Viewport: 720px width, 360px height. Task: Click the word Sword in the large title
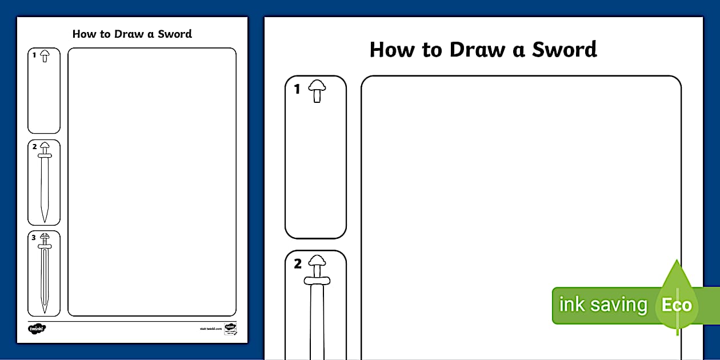pos(565,50)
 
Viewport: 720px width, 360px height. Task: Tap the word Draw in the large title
pos(478,50)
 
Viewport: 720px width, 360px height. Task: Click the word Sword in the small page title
pos(174,34)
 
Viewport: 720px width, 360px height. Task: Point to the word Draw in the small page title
pos(129,34)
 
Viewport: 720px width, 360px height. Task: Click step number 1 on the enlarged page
pos(297,89)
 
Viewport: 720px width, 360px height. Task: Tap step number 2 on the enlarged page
pos(297,264)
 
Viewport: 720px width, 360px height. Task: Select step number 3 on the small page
pos(34,238)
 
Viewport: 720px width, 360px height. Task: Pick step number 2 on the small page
pos(34,146)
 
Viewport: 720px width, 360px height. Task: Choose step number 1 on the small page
pos(34,55)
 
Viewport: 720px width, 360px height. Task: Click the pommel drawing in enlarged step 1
pos(317,91)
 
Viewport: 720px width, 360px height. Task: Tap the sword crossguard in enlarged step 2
pos(317,281)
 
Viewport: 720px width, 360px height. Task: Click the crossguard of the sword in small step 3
pos(45,246)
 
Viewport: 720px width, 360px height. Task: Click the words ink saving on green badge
pos(602,305)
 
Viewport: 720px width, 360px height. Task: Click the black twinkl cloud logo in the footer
pos(37,329)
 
